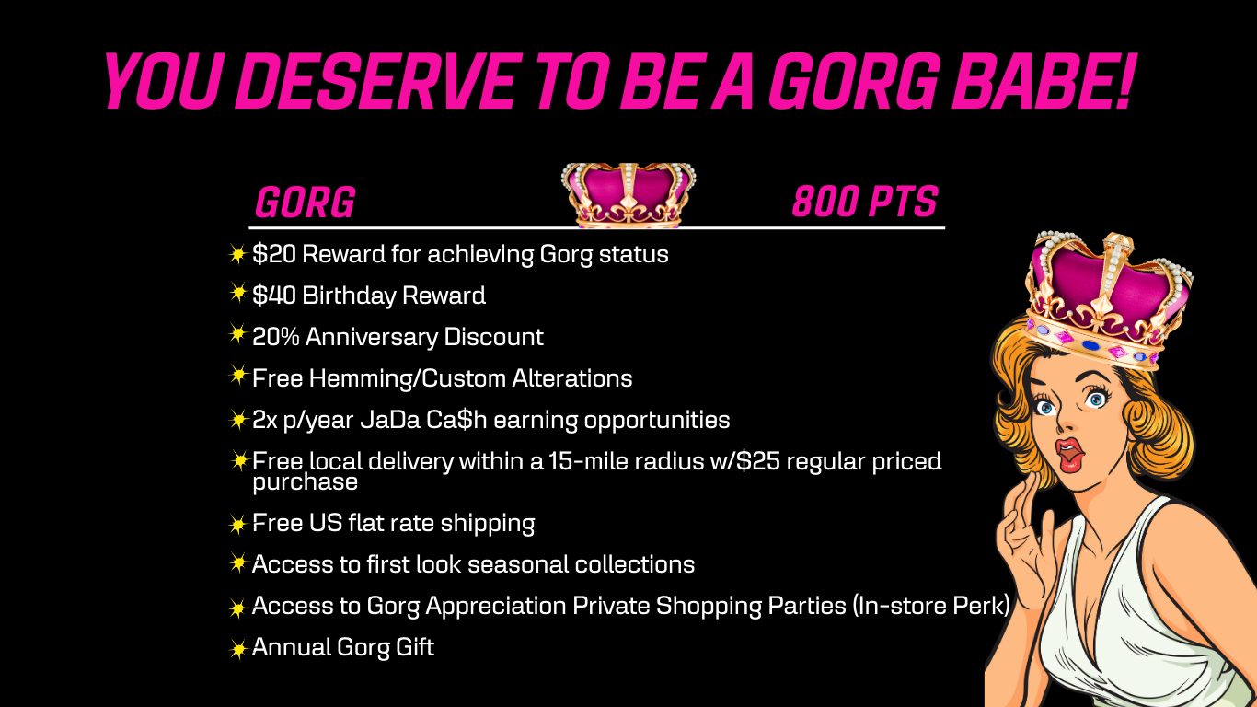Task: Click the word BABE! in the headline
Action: tap(1044, 81)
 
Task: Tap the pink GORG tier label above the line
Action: tap(305, 203)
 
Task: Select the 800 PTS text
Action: tap(865, 202)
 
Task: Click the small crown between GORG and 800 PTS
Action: tap(628, 195)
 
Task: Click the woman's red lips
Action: tap(1069, 455)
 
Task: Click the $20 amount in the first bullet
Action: tap(274, 254)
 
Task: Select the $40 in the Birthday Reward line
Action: tap(274, 296)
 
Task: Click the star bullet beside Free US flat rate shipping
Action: tap(237, 524)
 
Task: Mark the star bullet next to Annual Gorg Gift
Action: tap(237, 649)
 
